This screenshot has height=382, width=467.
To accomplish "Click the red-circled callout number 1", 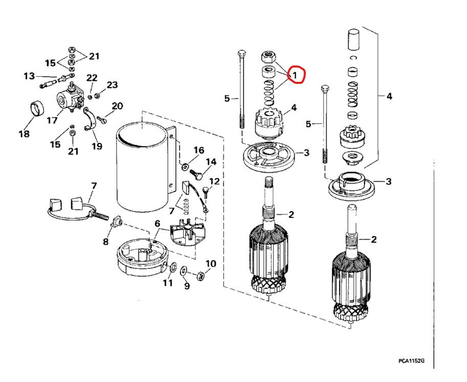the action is [x=295, y=76].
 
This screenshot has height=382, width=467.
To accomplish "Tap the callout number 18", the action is [x=24, y=133].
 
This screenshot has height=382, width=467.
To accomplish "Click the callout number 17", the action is [x=52, y=120].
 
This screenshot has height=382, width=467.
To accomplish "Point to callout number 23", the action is [x=112, y=85].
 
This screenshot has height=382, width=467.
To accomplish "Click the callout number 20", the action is [x=117, y=106].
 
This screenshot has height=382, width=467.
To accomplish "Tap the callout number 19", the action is [x=97, y=146].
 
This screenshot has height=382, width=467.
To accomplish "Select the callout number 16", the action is [x=199, y=150].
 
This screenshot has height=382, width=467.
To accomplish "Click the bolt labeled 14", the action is [x=196, y=173].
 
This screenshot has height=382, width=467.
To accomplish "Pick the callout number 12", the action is [x=214, y=181].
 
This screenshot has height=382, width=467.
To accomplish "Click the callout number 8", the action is [x=106, y=241].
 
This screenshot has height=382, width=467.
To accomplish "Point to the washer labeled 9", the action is [x=184, y=271].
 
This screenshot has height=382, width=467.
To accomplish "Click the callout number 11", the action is [x=168, y=283].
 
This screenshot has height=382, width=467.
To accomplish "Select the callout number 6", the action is [x=157, y=223].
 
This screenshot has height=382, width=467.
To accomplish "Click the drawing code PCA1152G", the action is [x=411, y=361].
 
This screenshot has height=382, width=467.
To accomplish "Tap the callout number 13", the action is [x=29, y=76].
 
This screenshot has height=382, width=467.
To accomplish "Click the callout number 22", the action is [x=92, y=78].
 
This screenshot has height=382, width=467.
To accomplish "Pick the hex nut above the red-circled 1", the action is [x=269, y=57].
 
